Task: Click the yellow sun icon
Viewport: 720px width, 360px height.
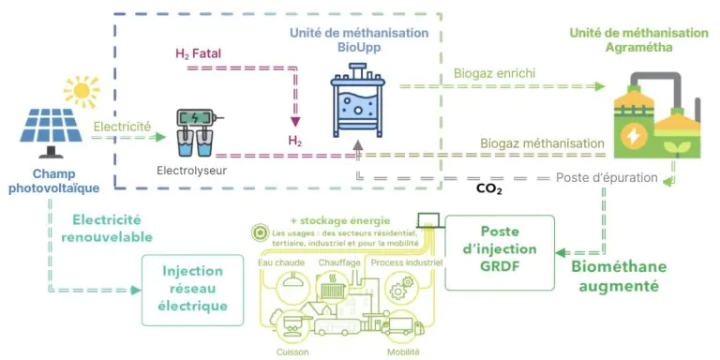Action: click(82, 90)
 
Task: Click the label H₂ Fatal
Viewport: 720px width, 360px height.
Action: click(199, 54)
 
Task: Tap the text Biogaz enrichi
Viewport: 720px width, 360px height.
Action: click(495, 73)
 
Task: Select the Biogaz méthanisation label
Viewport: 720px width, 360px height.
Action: click(542, 143)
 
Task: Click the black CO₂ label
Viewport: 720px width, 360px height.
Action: click(488, 188)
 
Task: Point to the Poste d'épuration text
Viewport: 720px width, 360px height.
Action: click(607, 178)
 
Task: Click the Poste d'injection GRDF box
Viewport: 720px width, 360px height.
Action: click(500, 252)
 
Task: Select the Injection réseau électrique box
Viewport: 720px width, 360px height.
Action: click(193, 291)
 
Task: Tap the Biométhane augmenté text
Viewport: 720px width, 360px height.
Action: click(619, 277)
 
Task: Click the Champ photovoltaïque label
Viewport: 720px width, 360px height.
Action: click(54, 181)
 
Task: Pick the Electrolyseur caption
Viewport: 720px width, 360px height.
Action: click(192, 172)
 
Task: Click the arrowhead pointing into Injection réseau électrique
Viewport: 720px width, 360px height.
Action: click(135, 291)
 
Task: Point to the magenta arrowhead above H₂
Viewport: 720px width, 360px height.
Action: click(295, 122)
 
